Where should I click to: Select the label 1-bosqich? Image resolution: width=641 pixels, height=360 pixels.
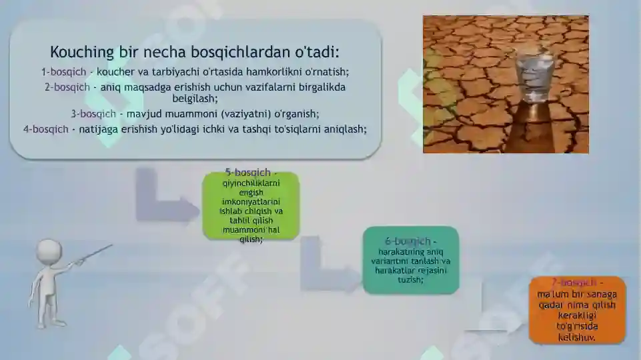(64, 71)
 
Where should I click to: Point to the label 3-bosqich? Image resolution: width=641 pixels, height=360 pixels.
(93, 113)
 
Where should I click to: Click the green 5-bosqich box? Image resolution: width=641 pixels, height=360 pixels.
(251, 206)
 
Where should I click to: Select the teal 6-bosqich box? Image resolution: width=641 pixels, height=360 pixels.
(411, 261)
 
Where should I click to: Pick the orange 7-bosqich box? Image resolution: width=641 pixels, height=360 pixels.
(578, 311)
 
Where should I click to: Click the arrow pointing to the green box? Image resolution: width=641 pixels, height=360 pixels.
(163, 200)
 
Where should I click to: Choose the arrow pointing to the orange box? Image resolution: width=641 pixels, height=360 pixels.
(494, 313)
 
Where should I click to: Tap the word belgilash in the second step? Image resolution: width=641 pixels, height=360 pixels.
(195, 98)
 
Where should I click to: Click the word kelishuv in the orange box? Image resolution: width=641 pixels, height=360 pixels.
(577, 337)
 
